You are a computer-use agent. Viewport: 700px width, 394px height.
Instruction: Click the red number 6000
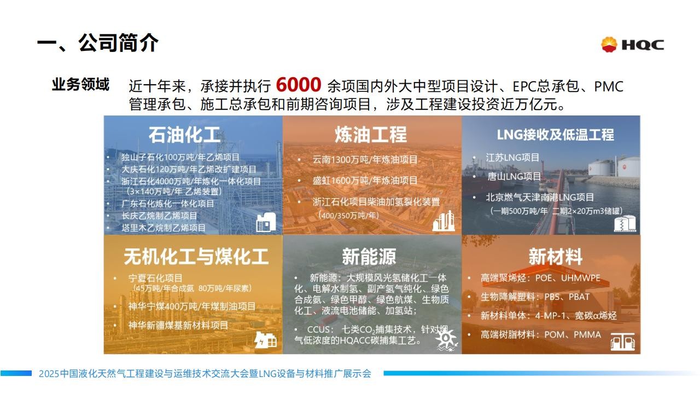pyautogui.click(x=299, y=85)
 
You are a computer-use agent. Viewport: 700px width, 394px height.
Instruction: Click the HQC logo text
pyautogui.click(x=643, y=45)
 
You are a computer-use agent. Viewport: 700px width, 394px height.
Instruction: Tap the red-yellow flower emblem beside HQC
pyautogui.click(x=609, y=44)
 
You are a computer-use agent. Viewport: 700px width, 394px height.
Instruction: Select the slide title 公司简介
pyautogui.click(x=118, y=43)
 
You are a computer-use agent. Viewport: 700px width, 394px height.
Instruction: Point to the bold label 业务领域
pyautogui.click(x=80, y=84)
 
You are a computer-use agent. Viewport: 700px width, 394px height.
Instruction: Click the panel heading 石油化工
pyautogui.click(x=184, y=135)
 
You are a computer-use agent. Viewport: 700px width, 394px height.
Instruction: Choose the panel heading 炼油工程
pyautogui.click(x=371, y=135)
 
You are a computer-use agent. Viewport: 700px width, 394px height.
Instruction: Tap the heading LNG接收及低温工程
pyautogui.click(x=555, y=135)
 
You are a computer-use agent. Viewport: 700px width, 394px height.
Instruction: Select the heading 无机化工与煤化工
pyautogui.click(x=196, y=257)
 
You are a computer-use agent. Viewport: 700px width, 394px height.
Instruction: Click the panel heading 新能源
pyautogui.click(x=369, y=257)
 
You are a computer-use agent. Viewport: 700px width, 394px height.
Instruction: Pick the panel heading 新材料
pyautogui.click(x=555, y=257)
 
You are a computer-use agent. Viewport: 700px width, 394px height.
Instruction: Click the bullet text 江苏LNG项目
pyautogui.click(x=512, y=157)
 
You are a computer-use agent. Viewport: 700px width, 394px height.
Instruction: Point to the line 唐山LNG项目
pyautogui.click(x=514, y=176)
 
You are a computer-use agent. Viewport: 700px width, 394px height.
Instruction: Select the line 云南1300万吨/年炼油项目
pyautogui.click(x=365, y=160)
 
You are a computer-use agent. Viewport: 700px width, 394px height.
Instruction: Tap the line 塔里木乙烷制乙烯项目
pyautogui.click(x=164, y=228)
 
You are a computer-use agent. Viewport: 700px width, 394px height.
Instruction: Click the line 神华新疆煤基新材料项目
pyautogui.click(x=178, y=325)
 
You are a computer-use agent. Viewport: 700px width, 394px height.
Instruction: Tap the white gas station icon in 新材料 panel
pyautogui.click(x=622, y=341)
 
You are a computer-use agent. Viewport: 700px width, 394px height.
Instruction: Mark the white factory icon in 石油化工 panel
pyautogui.click(x=266, y=222)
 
